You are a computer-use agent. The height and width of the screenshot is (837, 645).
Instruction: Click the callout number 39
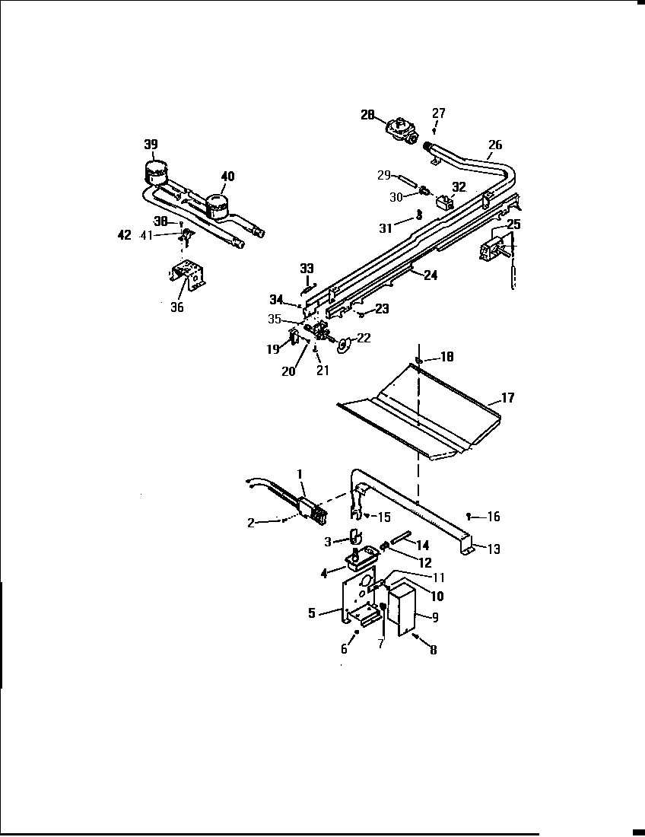(151, 145)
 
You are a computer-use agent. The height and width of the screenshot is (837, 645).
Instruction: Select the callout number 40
(227, 177)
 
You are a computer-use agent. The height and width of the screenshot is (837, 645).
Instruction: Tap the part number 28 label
(368, 115)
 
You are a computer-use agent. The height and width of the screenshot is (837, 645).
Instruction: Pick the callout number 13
(494, 549)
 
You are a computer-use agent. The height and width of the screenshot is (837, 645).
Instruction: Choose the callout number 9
(435, 618)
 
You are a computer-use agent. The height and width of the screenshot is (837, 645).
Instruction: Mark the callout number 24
(431, 275)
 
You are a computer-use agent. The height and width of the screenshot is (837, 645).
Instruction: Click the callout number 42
(125, 235)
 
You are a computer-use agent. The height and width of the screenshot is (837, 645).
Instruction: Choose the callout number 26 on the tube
(495, 145)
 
